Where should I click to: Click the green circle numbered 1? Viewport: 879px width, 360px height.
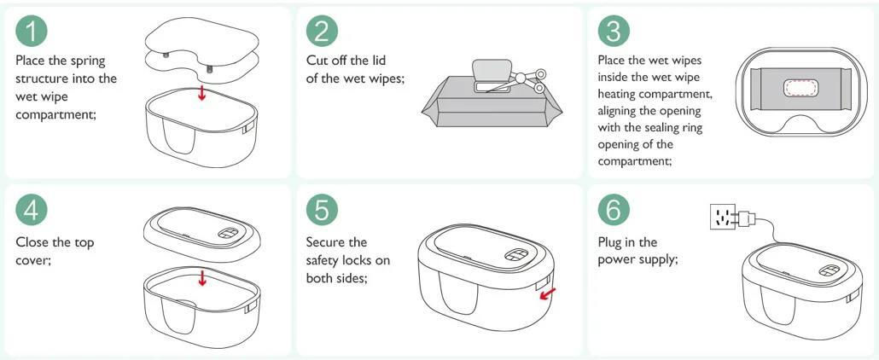tap(32, 31)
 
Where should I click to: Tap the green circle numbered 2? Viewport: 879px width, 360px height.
tap(322, 31)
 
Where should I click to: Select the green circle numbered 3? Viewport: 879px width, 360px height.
tap(614, 31)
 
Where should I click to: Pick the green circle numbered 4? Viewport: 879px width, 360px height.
tap(32, 210)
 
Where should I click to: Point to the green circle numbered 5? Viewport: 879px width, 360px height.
tap(322, 210)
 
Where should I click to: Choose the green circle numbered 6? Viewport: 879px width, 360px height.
tap(614, 210)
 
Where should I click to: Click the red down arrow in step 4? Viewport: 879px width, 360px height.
tap(202, 277)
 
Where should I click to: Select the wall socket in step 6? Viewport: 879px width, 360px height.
tap(723, 217)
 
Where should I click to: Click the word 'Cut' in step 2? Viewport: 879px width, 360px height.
tap(317, 60)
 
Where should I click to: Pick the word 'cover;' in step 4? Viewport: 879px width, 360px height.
tap(33, 260)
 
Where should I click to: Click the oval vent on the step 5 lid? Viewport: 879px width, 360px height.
tap(514, 255)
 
